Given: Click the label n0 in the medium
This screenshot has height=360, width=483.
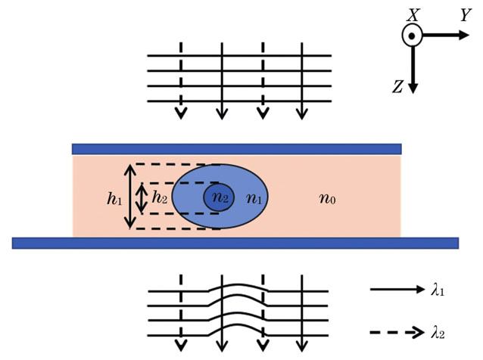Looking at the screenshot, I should pyautogui.click(x=326, y=200).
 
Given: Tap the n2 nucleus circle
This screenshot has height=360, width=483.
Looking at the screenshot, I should pyautogui.click(x=217, y=199).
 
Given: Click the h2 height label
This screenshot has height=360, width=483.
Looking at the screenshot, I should pyautogui.click(x=160, y=198).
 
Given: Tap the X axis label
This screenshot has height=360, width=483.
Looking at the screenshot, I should pyautogui.click(x=413, y=13).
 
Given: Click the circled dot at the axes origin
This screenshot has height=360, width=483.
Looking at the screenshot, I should pyautogui.click(x=413, y=35).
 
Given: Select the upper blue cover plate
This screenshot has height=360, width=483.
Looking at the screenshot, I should pyautogui.click(x=236, y=148).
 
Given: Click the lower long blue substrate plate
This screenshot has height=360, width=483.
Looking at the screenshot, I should pyautogui.click(x=235, y=242).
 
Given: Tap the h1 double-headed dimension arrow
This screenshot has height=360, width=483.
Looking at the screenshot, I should pyautogui.click(x=131, y=196).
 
